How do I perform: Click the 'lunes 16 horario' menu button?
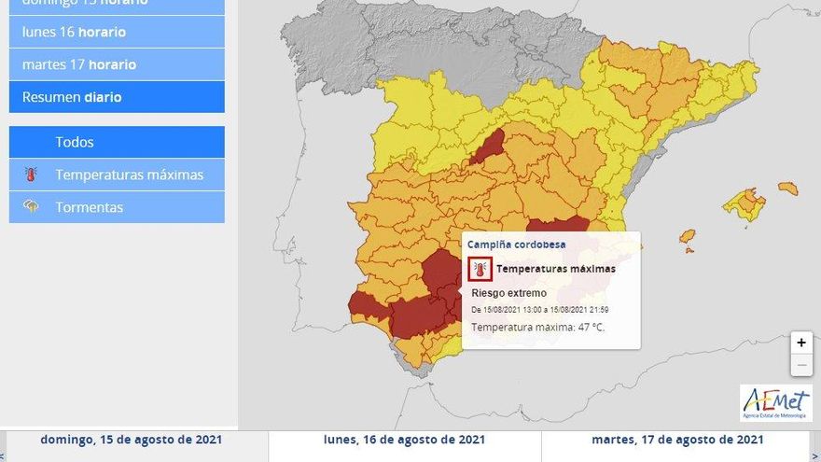(117, 32)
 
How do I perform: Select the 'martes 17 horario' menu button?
(117, 64)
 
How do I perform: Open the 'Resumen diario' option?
(117, 97)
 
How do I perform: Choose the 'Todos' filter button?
(117, 142)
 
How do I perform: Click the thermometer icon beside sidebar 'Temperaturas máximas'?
(32, 175)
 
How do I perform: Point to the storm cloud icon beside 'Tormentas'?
(32, 206)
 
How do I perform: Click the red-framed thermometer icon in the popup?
(480, 269)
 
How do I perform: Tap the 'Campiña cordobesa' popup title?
(516, 245)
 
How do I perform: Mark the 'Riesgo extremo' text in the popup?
(508, 293)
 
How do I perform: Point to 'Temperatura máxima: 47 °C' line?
(537, 327)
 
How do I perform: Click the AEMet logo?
(776, 402)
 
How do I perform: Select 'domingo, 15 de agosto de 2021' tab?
(132, 440)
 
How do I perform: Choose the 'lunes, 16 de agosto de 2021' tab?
(404, 440)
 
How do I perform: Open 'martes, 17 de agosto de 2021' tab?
(678, 440)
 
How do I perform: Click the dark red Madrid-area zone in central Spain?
(488, 148)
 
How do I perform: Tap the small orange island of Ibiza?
(687, 236)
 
